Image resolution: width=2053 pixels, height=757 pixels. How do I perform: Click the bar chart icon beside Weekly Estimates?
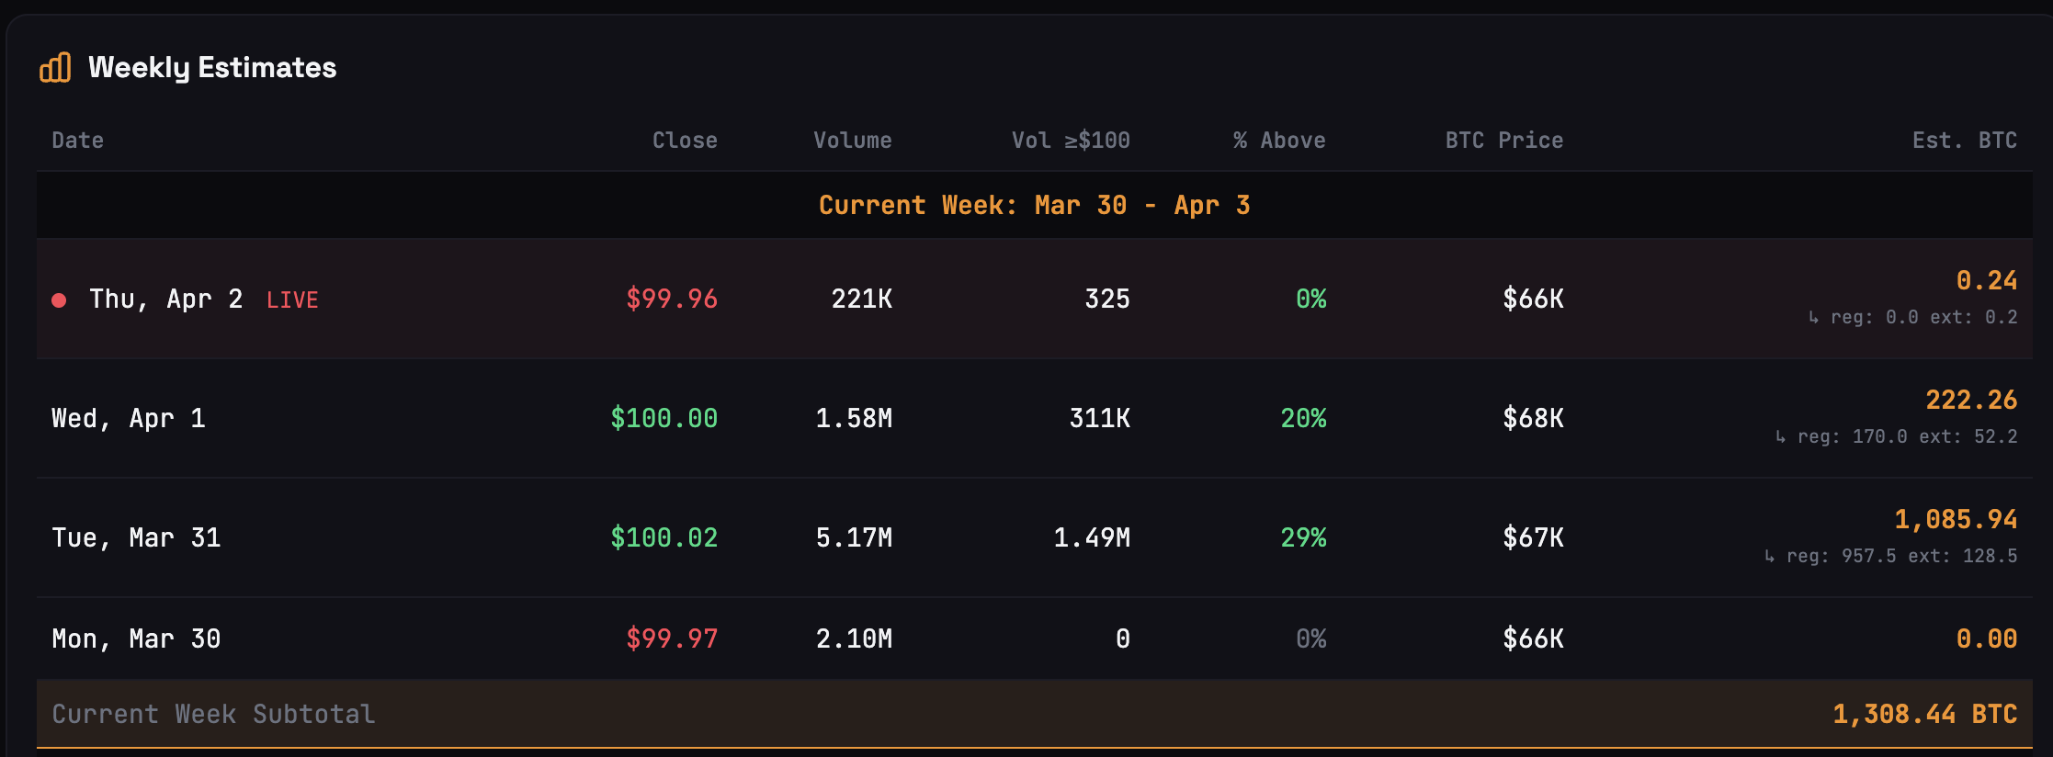(x=55, y=67)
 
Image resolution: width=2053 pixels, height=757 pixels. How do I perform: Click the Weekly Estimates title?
(x=212, y=67)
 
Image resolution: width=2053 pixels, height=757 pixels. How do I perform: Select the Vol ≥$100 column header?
(x=1071, y=141)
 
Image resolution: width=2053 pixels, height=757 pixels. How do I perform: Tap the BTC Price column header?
(x=1503, y=141)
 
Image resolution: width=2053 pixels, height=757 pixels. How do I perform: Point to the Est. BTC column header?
(x=1964, y=141)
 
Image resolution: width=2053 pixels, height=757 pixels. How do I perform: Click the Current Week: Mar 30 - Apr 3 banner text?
(x=1034, y=205)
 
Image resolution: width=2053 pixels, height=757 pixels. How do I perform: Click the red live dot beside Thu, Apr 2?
(x=59, y=300)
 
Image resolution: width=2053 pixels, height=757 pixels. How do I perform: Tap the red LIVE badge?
(x=292, y=300)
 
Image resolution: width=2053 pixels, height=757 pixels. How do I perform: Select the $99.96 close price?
(x=672, y=299)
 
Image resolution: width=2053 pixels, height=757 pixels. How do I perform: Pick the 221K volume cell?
(x=861, y=299)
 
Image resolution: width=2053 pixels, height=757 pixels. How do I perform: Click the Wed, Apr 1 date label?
(x=129, y=418)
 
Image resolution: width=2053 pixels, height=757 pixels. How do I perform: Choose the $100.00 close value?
(x=664, y=418)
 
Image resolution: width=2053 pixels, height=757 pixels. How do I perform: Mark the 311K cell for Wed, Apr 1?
(x=1099, y=418)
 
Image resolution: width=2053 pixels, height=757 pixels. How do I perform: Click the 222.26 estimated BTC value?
(x=1971, y=400)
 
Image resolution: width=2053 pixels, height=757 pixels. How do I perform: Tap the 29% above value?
(x=1303, y=537)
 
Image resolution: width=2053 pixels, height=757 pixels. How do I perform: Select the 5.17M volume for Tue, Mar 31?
(x=854, y=537)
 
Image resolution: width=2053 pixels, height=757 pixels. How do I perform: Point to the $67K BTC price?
(x=1533, y=537)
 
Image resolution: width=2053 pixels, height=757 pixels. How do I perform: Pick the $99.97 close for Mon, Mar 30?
(x=672, y=638)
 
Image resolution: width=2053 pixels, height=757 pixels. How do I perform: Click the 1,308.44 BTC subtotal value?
(x=1924, y=714)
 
